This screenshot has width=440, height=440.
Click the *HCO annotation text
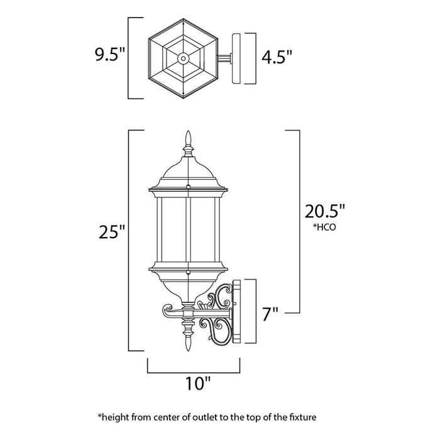tap(324, 229)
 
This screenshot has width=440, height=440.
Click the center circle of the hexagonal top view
tap(182, 58)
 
